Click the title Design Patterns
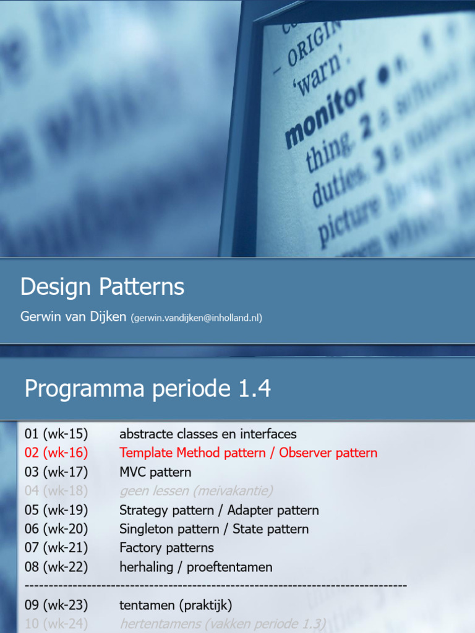102,287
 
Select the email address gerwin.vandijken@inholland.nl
196,318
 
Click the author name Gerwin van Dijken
73,317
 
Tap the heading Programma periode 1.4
147,389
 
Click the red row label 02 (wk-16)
56,452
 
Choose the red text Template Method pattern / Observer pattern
248,452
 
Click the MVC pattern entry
155,472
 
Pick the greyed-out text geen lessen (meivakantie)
196,491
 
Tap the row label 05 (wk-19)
56,510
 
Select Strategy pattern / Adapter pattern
219,510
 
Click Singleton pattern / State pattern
214,529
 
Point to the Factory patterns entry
166,548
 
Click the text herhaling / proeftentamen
195,567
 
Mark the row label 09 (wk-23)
56,605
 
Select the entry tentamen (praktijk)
176,605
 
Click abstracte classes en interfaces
208,433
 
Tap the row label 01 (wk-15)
56,433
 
